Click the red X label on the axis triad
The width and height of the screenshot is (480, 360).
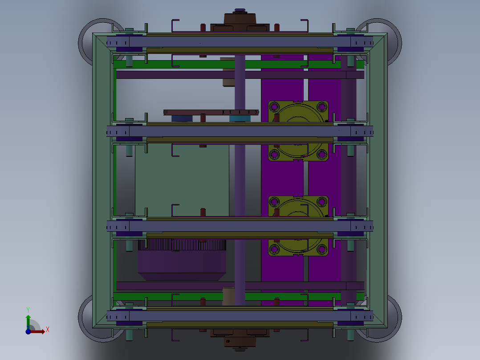[48, 330]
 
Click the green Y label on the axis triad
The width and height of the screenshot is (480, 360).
[28, 310]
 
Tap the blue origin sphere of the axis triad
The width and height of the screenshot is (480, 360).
[28, 331]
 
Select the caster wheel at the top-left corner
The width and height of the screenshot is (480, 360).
[85, 41]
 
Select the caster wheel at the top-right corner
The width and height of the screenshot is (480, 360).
[395, 41]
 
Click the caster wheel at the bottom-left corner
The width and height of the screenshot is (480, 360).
[85, 319]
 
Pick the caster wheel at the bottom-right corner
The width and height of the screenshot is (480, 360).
[395, 319]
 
